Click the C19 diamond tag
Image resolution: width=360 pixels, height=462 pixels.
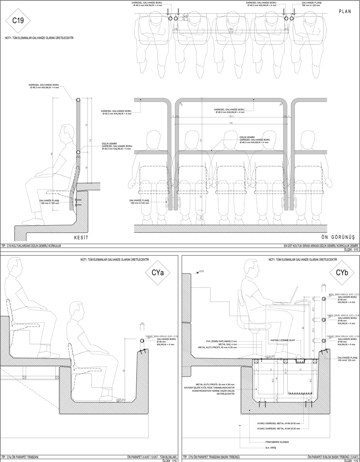pyautogui.click(x=18, y=21)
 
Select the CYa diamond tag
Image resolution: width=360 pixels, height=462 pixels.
pyautogui.click(x=159, y=273)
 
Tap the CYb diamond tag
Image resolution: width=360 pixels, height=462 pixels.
pyautogui.click(x=341, y=273)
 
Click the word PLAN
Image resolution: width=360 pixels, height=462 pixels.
pyautogui.click(x=345, y=11)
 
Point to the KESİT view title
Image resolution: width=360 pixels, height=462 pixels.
pyautogui.click(x=81, y=237)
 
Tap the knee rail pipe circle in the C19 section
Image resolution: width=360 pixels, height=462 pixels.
pyautogui.click(x=78, y=153)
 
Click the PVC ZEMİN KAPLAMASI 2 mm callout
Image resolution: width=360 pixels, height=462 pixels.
pyautogui.click(x=222, y=341)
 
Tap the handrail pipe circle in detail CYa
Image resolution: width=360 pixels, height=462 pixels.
pyautogui.click(x=142, y=341)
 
